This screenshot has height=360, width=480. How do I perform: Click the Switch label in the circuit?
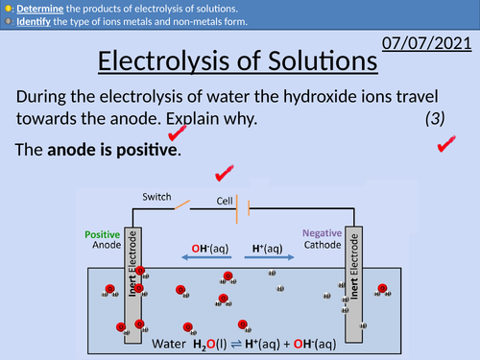[156, 196]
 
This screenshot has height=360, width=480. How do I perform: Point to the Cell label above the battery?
[226, 201]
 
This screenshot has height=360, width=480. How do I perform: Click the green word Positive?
[103, 233]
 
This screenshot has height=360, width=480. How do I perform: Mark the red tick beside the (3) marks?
[445, 144]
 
